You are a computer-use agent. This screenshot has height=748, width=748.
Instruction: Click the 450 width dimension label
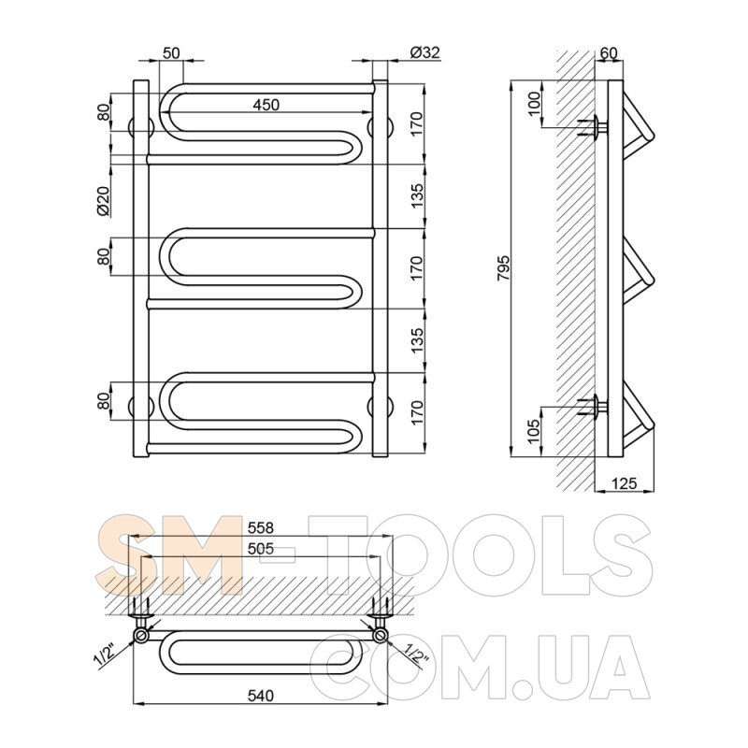(x=266, y=105)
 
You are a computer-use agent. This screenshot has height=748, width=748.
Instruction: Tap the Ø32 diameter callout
(x=424, y=52)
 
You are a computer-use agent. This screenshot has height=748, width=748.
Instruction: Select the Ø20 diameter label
(x=104, y=201)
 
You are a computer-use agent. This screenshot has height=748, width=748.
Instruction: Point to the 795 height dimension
(x=504, y=269)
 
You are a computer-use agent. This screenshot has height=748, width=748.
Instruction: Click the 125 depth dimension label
(x=624, y=483)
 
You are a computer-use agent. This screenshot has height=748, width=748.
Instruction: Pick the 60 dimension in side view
(x=609, y=53)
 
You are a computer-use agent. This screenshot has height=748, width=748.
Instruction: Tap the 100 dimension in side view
(x=535, y=103)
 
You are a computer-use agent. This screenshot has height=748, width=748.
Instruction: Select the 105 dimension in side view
(x=536, y=431)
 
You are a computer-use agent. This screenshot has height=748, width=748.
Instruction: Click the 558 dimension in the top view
(x=261, y=527)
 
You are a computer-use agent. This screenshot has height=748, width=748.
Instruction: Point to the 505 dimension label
(x=261, y=549)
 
